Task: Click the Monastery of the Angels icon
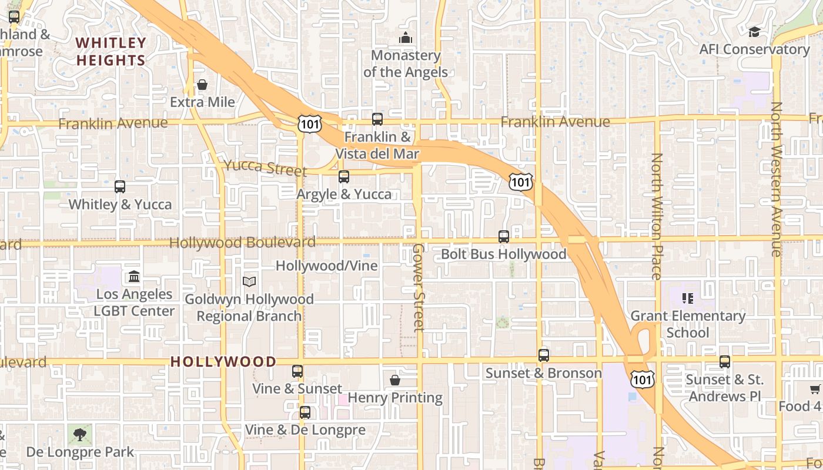point(406,39)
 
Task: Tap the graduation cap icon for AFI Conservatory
point(754,32)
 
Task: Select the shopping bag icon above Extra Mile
point(202,85)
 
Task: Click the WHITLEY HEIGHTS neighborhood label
point(111,52)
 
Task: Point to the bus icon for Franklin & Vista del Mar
point(377,119)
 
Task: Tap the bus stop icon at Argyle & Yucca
point(344,176)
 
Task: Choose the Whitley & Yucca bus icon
point(120,187)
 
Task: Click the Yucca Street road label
point(265,168)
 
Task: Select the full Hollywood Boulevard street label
point(242,243)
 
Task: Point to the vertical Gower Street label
point(418,287)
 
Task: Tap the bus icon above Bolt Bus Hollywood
point(504,237)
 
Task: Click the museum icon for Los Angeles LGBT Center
point(134,277)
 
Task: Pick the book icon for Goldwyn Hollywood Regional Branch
point(249,282)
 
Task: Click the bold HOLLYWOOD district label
point(223,362)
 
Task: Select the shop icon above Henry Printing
point(395,380)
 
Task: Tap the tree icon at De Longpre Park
point(80,435)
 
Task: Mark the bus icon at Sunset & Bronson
point(544,355)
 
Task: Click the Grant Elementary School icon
point(687,298)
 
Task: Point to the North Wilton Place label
point(657,216)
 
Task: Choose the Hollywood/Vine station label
point(327,266)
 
